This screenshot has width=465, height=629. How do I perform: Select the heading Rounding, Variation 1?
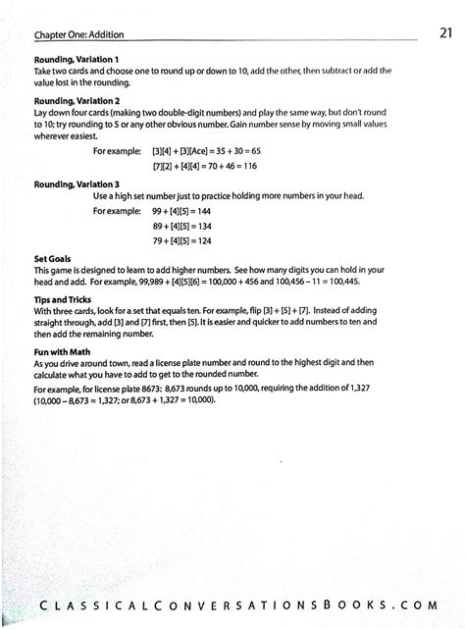[77, 59]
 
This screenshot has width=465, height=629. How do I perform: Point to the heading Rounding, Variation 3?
[77, 183]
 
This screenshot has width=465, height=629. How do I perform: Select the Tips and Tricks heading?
[62, 299]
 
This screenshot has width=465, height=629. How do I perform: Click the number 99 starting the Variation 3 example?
[158, 211]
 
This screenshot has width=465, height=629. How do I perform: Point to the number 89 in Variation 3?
[158, 226]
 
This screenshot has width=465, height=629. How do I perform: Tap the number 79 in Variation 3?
[158, 240]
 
